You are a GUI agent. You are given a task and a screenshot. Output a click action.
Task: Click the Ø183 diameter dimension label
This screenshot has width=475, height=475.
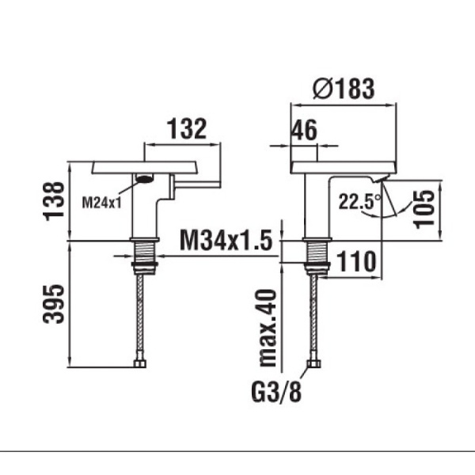click(344, 89)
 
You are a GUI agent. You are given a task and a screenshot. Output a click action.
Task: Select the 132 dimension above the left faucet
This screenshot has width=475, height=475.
click(187, 129)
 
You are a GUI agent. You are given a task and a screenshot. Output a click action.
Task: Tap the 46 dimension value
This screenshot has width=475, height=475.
click(304, 131)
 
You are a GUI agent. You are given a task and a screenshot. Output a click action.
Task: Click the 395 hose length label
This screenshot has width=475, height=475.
click(54, 304)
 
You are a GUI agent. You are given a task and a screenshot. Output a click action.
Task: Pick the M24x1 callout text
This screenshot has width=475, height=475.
click(102, 202)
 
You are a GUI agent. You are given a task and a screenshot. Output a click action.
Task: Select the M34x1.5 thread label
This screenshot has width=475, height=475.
click(226, 240)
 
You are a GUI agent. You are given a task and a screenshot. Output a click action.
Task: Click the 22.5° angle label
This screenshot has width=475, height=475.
click(359, 202)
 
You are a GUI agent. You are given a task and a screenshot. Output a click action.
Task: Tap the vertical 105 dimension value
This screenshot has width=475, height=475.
click(424, 209)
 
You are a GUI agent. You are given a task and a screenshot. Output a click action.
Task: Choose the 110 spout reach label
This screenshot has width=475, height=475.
click(356, 261)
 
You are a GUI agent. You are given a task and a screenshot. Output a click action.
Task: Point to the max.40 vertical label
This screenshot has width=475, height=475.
click(268, 328)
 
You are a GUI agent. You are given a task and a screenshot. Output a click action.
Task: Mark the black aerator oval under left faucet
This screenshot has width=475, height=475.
click(145, 178)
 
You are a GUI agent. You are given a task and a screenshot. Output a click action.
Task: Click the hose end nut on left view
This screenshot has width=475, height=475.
click(139, 363)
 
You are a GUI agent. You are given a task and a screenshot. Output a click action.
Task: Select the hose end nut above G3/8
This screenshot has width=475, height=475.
click(313, 363)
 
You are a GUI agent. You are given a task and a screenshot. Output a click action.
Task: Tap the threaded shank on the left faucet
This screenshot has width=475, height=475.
click(145, 252)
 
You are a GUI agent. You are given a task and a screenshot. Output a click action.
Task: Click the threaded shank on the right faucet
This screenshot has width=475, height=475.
click(317, 253)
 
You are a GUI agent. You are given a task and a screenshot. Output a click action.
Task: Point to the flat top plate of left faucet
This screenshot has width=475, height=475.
click(145, 168)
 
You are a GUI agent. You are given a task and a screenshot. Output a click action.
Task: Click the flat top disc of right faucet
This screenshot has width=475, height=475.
click(344, 168)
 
